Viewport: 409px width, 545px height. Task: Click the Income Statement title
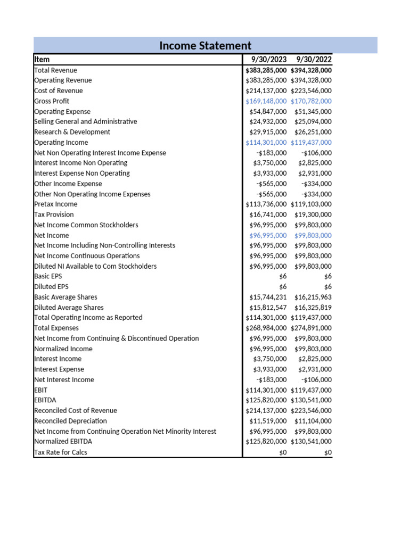click(x=205, y=46)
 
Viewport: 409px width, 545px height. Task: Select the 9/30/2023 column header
click(x=269, y=60)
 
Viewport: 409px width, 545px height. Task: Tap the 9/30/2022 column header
click(x=314, y=60)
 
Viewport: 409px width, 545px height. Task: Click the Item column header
click(x=42, y=60)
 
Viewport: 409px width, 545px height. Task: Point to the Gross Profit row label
click(x=52, y=101)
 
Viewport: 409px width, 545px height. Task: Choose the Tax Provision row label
click(x=54, y=214)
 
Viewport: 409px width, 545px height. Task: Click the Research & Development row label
click(x=72, y=132)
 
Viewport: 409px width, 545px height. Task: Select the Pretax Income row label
click(x=55, y=204)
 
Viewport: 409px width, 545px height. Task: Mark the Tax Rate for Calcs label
click(x=60, y=452)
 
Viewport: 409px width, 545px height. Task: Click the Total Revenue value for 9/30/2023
click(x=266, y=70)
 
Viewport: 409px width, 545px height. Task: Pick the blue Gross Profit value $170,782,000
click(x=311, y=101)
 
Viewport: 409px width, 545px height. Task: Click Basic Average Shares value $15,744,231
click(x=268, y=297)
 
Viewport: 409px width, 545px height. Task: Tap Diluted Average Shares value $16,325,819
click(x=313, y=308)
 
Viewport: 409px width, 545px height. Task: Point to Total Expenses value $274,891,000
click(x=311, y=328)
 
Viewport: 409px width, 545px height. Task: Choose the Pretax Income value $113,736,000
click(x=266, y=204)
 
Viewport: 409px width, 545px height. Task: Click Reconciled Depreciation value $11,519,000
click(x=268, y=421)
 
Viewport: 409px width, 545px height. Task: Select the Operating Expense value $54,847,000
click(x=268, y=112)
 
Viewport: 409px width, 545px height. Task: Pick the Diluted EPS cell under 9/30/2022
click(x=328, y=287)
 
